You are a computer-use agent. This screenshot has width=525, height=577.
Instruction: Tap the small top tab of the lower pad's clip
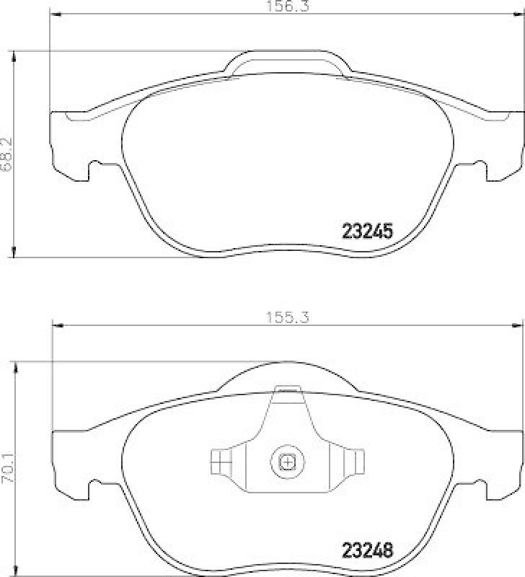pyautogui.click(x=287, y=389)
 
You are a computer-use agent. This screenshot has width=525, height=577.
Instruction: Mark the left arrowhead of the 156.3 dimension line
pyautogui.click(x=55, y=14)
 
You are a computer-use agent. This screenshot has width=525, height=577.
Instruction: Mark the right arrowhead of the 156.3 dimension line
pyautogui.click(x=519, y=14)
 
